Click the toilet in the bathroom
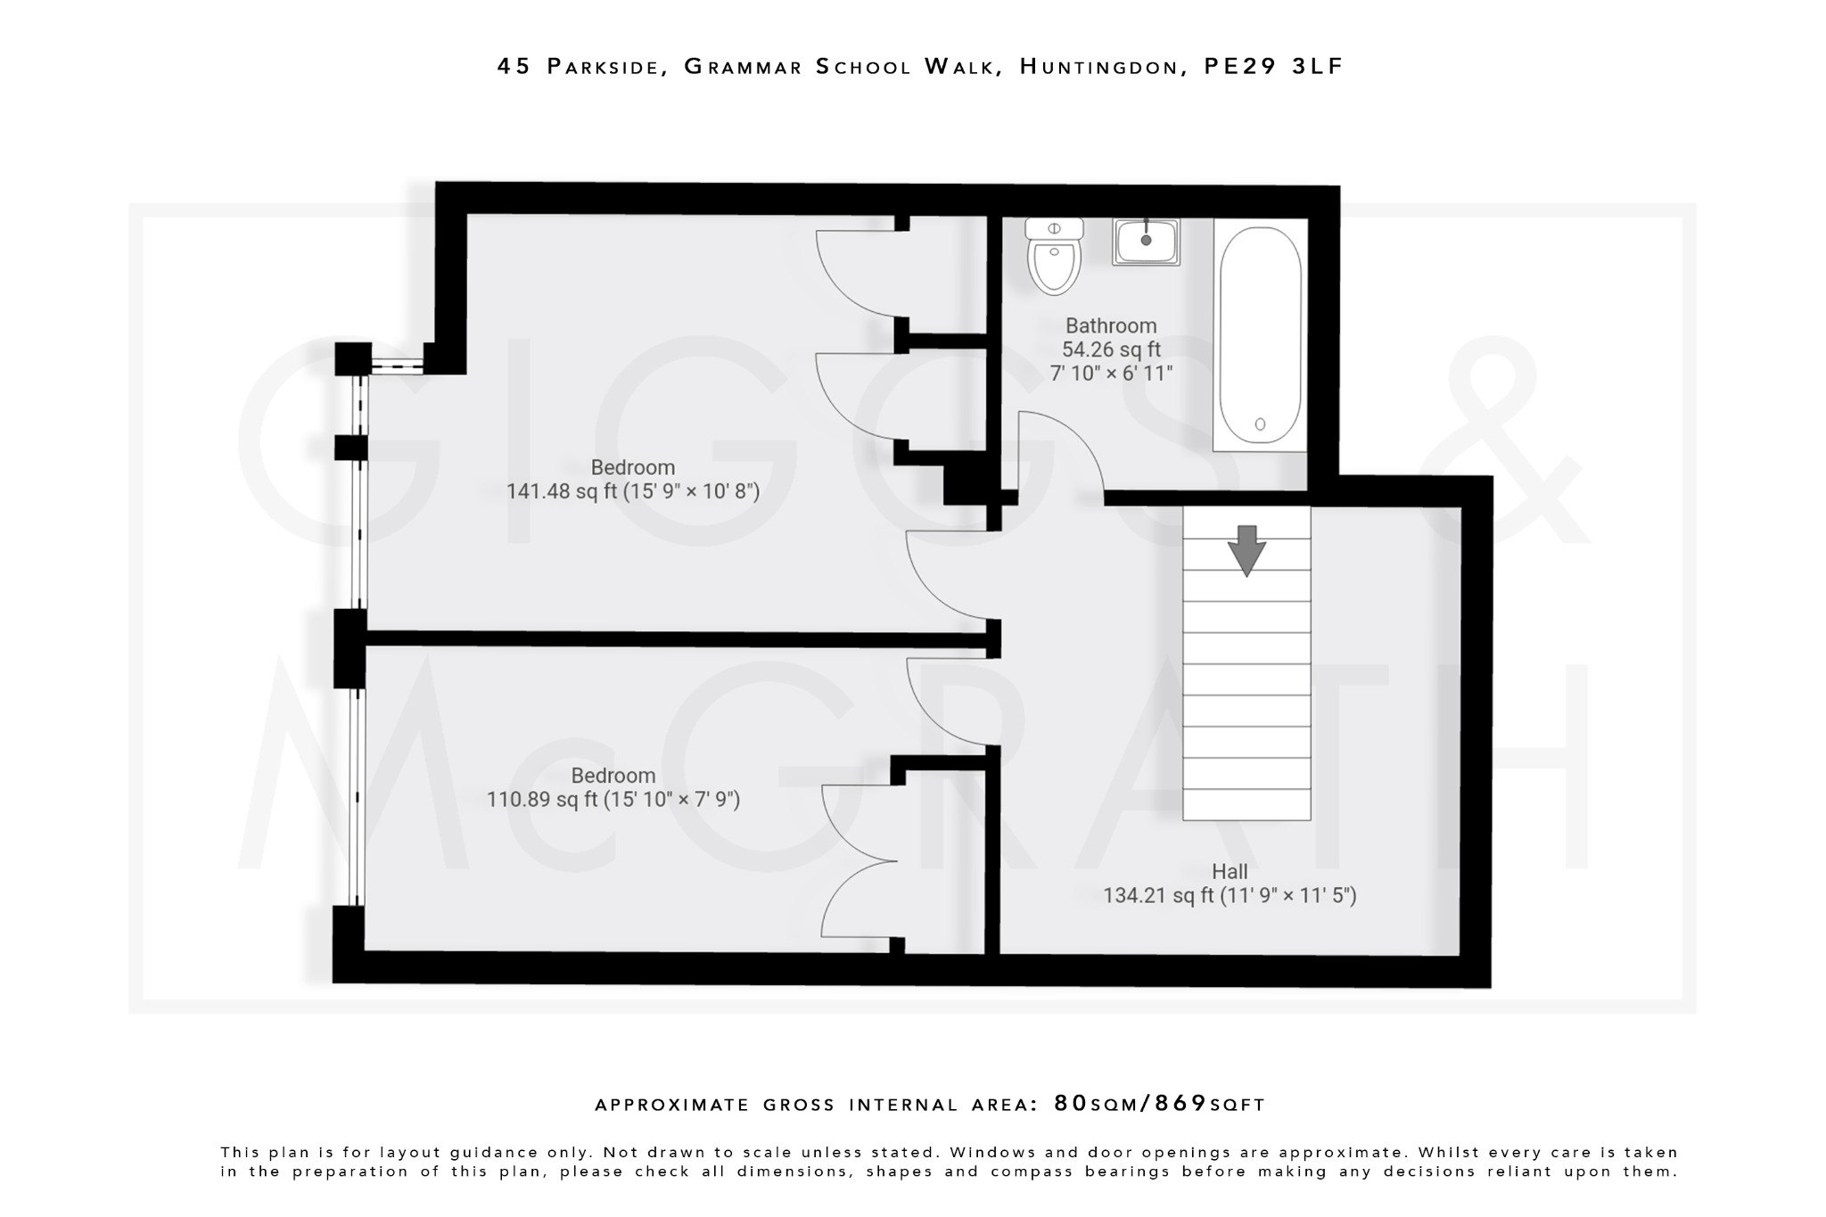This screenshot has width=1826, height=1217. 1054,263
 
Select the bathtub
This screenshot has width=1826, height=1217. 1260,335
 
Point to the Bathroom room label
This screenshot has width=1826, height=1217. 1111,326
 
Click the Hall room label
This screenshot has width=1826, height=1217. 1229,872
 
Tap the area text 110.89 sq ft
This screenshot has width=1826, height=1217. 540,800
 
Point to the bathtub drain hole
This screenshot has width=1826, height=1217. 1260,424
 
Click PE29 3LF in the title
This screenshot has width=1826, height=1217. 1273,67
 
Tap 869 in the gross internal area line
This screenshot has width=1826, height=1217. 1180,1104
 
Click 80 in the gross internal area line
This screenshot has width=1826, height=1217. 1071,1104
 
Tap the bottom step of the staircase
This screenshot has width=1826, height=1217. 1246,804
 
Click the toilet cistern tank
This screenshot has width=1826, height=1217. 1054,228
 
